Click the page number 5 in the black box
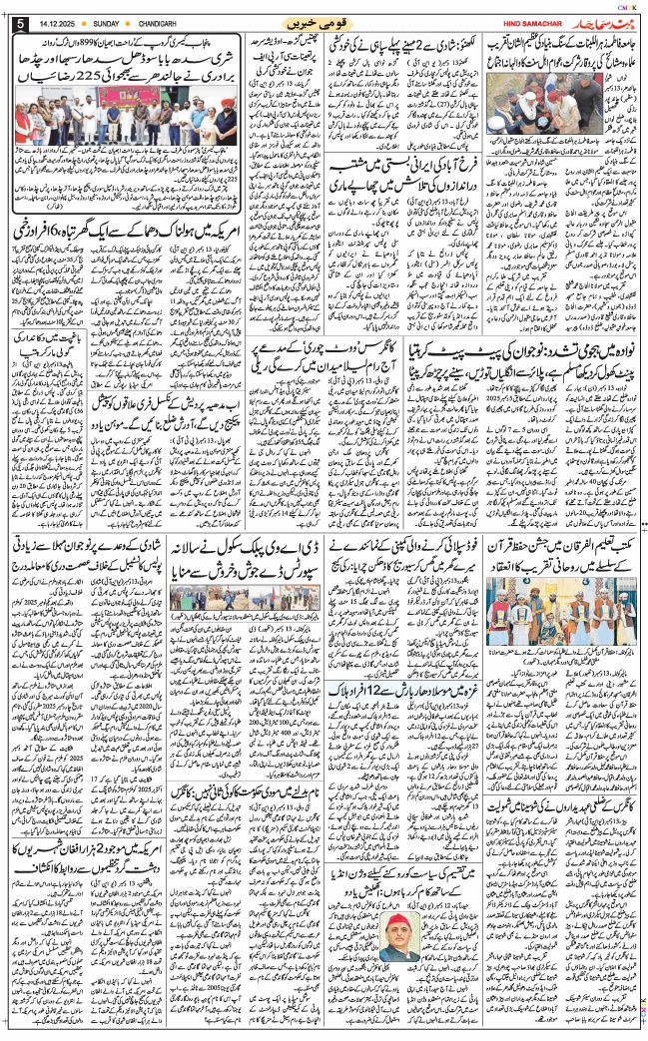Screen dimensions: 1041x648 (21, 22)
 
